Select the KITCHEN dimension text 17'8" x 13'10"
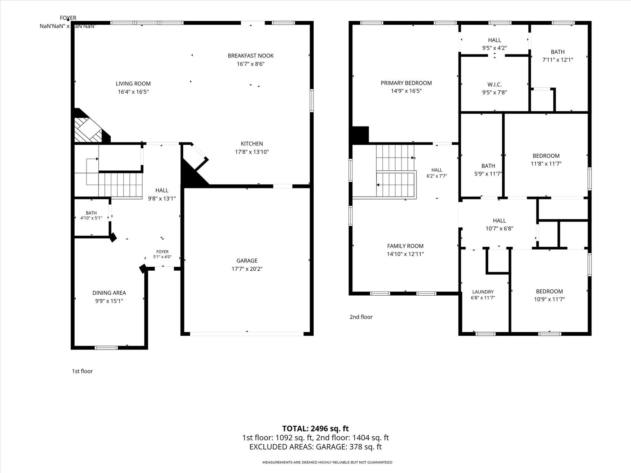coord(252,152)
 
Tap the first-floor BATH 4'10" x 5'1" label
coord(91,215)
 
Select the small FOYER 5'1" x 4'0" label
coord(162,254)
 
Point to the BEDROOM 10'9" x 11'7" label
coord(549,295)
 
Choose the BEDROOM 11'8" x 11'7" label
coord(546,160)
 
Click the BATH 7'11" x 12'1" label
coord(558,56)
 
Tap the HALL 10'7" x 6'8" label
coord(499,224)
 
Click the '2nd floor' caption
coord(361,317)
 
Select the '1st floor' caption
coord(82,371)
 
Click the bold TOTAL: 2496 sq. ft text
coord(315,428)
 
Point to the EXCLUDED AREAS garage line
coord(315,447)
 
